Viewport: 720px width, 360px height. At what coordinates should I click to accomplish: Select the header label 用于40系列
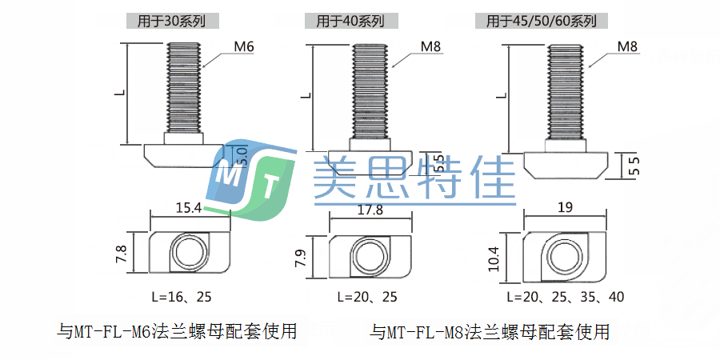(350, 22)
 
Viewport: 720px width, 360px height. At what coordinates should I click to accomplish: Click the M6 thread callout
(244, 48)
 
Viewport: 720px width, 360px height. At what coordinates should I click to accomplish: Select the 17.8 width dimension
(370, 210)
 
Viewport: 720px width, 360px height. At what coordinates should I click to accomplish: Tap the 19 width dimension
(564, 208)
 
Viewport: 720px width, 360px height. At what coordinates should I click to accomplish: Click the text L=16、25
(182, 297)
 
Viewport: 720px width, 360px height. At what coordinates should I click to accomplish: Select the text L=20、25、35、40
(565, 297)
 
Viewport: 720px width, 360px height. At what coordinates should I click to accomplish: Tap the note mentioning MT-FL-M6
(178, 330)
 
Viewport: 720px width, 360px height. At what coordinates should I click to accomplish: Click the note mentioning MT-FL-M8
(490, 330)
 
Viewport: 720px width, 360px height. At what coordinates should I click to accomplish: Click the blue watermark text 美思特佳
(413, 177)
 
